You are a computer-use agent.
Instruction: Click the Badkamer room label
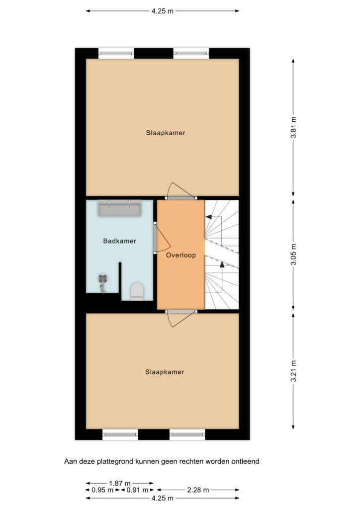[x=119, y=241]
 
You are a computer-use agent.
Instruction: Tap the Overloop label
[x=181, y=255]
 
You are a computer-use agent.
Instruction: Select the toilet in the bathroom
[x=137, y=291]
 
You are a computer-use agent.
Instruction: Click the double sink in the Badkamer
[x=120, y=208]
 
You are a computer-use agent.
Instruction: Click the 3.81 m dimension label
[x=293, y=127]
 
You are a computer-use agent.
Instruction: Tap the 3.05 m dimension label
[x=293, y=254]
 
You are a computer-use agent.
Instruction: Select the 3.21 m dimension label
[x=293, y=371]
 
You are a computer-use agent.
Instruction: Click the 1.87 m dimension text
[x=119, y=483]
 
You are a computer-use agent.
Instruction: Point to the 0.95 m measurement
[x=102, y=490]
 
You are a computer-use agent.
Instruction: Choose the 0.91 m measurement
[x=137, y=490]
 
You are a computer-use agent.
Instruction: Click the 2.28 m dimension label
[x=198, y=490]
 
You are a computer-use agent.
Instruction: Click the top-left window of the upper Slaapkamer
[x=116, y=53]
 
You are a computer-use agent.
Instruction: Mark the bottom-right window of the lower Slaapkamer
[x=187, y=434]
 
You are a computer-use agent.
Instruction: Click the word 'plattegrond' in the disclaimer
[x=115, y=461]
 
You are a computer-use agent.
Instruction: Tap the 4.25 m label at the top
[x=162, y=11]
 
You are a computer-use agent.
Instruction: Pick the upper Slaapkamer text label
[x=166, y=133]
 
